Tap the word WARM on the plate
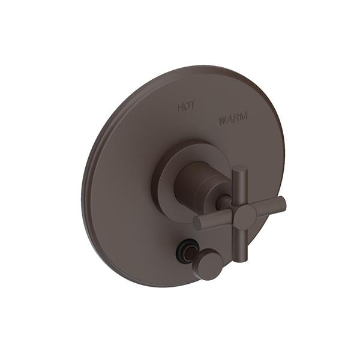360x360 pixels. pos(233,120)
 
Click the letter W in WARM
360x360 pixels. pos(223,119)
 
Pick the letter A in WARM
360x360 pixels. pos(230,120)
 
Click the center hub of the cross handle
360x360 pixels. pos(244,217)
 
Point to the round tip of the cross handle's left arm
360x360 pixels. pos(199,223)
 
